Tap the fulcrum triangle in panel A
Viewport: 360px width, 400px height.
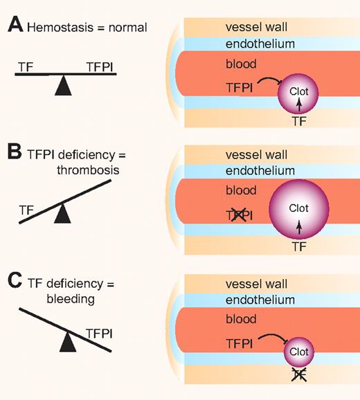point(64,85)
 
